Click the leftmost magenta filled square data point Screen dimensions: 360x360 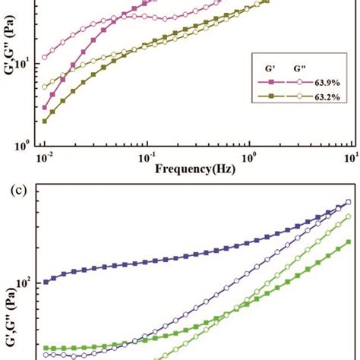pos(45,108)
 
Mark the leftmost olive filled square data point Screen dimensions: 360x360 pos(45,121)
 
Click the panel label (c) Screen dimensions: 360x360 pos(18,188)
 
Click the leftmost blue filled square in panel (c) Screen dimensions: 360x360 pos(46,281)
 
